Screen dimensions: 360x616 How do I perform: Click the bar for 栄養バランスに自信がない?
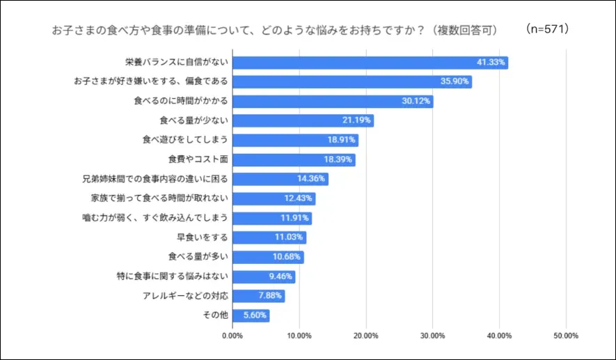[370, 63]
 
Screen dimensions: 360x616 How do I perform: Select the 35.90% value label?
[455, 82]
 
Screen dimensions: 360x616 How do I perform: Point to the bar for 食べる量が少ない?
[303, 121]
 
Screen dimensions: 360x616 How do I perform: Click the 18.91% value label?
[342, 140]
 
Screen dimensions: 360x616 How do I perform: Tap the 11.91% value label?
[295, 218]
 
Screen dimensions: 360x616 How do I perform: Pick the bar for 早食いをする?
[269, 237]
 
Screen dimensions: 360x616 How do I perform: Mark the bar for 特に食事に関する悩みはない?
[263, 276]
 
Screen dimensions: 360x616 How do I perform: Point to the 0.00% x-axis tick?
[232, 336]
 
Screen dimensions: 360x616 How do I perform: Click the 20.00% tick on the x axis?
[365, 336]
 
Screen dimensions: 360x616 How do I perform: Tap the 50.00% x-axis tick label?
[565, 336]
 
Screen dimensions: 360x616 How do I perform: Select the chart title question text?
[276, 31]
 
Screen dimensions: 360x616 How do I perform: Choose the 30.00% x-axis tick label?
[432, 336]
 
